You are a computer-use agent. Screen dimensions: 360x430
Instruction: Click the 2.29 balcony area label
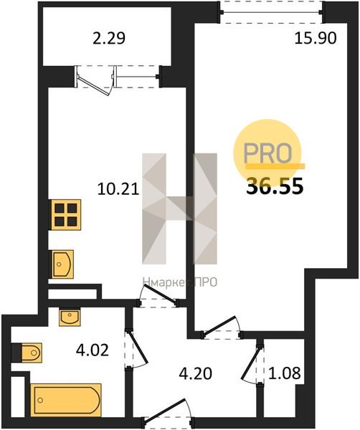pyautogui.click(x=109, y=39)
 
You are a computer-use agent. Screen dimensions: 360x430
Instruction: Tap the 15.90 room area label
pyautogui.click(x=316, y=39)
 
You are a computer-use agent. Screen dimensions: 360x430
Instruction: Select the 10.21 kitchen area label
pyautogui.click(x=118, y=189)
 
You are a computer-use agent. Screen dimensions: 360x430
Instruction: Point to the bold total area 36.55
pyautogui.click(x=275, y=186)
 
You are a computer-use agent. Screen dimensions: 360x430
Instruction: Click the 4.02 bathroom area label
pyautogui.click(x=93, y=350)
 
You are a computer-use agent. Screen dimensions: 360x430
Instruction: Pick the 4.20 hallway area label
pyautogui.click(x=195, y=373)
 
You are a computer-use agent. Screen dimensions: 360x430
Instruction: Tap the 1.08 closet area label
pyautogui.click(x=284, y=373)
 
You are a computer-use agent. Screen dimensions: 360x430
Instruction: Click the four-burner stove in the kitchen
pyautogui.click(x=65, y=215)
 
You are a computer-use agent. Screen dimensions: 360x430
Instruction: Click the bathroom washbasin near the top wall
pyautogui.click(x=70, y=317)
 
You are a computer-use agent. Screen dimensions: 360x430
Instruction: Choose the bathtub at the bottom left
pyautogui.click(x=66, y=400)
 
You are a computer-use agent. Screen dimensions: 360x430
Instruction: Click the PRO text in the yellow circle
pyautogui.click(x=267, y=153)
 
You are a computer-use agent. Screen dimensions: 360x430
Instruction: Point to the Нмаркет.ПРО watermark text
pyautogui.click(x=180, y=282)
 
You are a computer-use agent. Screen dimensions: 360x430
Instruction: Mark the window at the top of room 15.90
pyautogui.click(x=272, y=11)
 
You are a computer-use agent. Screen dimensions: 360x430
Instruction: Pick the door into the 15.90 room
pyautogui.click(x=219, y=325)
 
